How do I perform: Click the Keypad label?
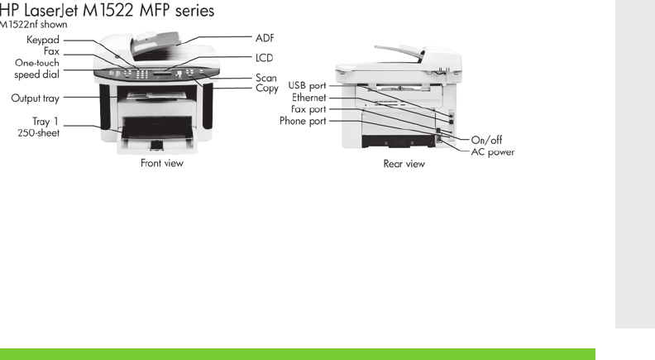42,40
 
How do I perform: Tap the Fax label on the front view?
51,51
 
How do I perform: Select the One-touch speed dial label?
36,68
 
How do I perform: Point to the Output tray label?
35,98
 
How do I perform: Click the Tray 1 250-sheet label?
40,127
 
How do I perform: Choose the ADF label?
265,38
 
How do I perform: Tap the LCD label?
264,58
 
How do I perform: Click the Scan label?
265,78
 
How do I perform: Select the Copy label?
266,88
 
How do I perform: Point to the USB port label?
307,85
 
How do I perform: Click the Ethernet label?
308,98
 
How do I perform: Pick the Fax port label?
308,109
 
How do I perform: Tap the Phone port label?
303,121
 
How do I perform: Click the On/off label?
487,140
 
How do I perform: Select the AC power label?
493,151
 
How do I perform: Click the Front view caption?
162,163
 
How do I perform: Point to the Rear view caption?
404,164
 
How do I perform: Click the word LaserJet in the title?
56,11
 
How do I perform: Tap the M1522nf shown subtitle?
33,25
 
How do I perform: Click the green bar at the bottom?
298,354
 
